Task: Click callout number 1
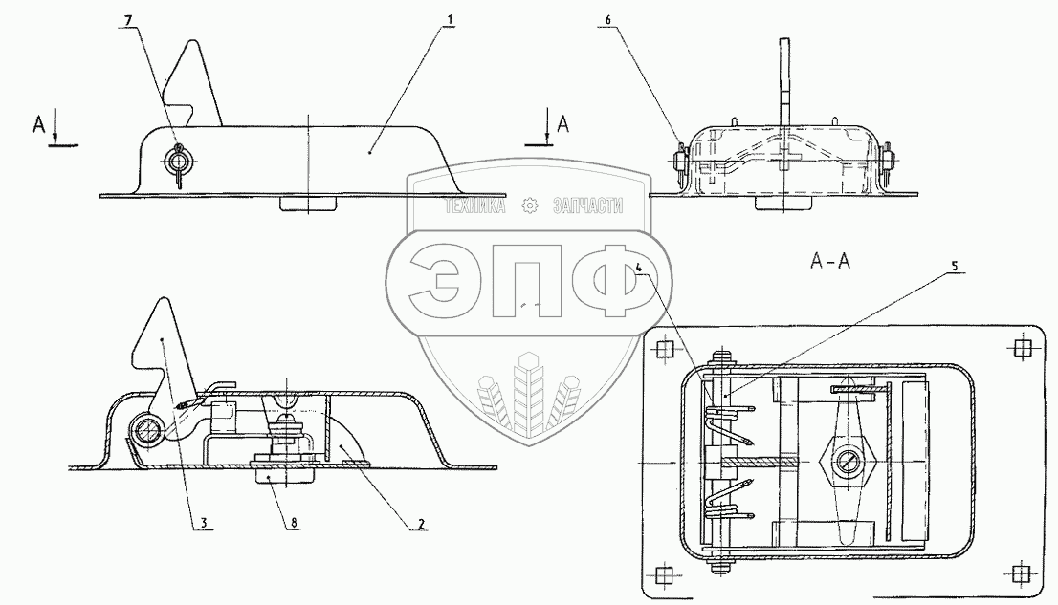point(448,19)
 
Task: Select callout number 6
point(607,20)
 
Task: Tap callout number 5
point(954,266)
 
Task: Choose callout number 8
point(295,523)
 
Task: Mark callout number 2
point(421,523)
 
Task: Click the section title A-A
point(830,261)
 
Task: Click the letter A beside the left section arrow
point(40,124)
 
